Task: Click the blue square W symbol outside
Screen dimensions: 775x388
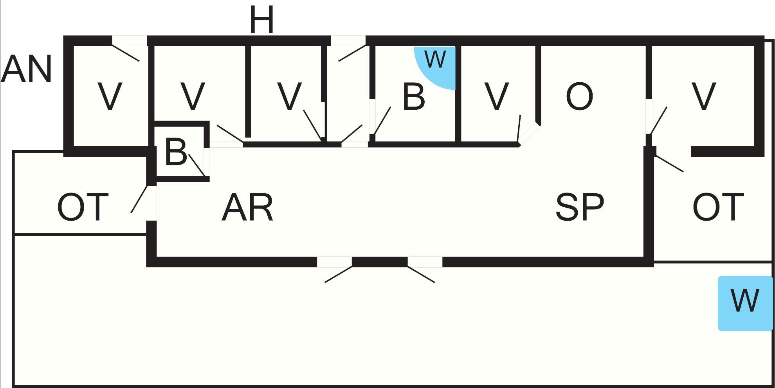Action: click(x=745, y=303)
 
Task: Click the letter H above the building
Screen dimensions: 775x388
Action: click(x=261, y=20)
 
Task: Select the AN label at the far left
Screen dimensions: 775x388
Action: click(x=26, y=69)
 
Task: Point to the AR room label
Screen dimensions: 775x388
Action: click(x=247, y=207)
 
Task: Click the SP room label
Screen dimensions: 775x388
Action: click(x=580, y=206)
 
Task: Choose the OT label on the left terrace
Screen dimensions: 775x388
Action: click(x=83, y=207)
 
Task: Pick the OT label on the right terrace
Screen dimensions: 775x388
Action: click(x=718, y=207)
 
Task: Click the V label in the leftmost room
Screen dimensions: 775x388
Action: click(x=110, y=96)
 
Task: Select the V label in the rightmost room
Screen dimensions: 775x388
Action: click(x=704, y=96)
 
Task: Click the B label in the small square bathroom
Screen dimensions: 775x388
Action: click(x=176, y=152)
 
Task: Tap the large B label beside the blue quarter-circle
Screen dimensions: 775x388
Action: click(x=414, y=96)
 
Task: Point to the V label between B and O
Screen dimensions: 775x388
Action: click(x=497, y=96)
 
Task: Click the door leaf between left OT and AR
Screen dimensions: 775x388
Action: click(x=139, y=199)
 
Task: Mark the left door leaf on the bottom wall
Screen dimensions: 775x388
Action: click(x=339, y=274)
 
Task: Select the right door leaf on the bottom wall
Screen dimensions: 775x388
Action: click(x=421, y=274)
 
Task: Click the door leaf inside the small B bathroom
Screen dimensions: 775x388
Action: click(x=197, y=165)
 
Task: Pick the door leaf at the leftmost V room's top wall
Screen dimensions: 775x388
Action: click(x=126, y=53)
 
